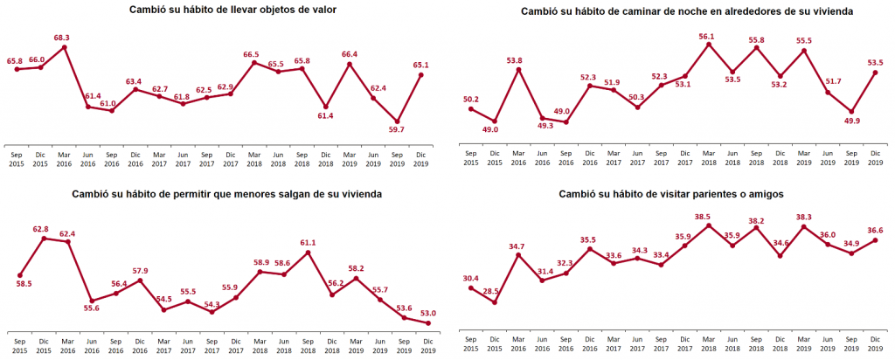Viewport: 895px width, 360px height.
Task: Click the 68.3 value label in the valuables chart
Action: pyautogui.click(x=61, y=38)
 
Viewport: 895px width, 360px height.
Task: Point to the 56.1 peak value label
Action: pyautogui.click(x=707, y=36)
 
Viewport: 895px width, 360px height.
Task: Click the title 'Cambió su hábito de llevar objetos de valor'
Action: pyautogui.click(x=220, y=10)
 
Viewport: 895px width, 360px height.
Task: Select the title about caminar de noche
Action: pyautogui.click(x=673, y=11)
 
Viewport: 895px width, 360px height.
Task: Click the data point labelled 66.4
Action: pyautogui.click(x=350, y=64)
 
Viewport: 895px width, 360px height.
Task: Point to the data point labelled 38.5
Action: pyautogui.click(x=708, y=225)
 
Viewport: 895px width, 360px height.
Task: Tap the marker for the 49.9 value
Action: pyautogui.click(x=851, y=112)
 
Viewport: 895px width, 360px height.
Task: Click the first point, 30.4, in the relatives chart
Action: pyautogui.click(x=470, y=288)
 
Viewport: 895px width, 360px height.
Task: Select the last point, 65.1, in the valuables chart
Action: pyautogui.click(x=421, y=75)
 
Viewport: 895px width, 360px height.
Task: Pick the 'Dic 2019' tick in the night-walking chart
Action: pyautogui.click(x=876, y=157)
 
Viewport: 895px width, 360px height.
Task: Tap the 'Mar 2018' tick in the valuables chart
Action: pyautogui.click(x=254, y=157)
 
